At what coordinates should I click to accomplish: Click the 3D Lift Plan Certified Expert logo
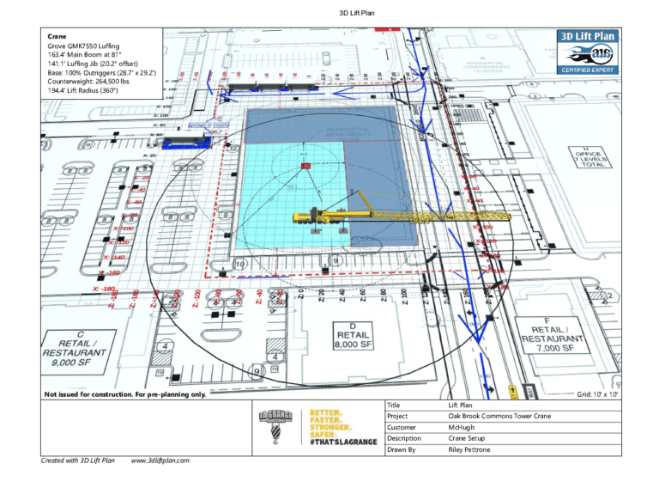[x=588, y=52]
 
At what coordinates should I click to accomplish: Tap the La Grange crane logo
[x=276, y=426]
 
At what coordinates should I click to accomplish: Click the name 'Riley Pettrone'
[x=469, y=449]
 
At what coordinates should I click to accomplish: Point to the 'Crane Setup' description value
[x=469, y=438]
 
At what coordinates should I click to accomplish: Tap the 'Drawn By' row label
[x=403, y=449]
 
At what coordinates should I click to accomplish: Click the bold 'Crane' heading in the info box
[x=57, y=37]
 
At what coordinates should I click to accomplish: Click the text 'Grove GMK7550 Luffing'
[x=84, y=46]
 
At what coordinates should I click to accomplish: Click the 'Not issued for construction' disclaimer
[x=125, y=394]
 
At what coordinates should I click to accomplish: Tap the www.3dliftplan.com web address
[x=160, y=460]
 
